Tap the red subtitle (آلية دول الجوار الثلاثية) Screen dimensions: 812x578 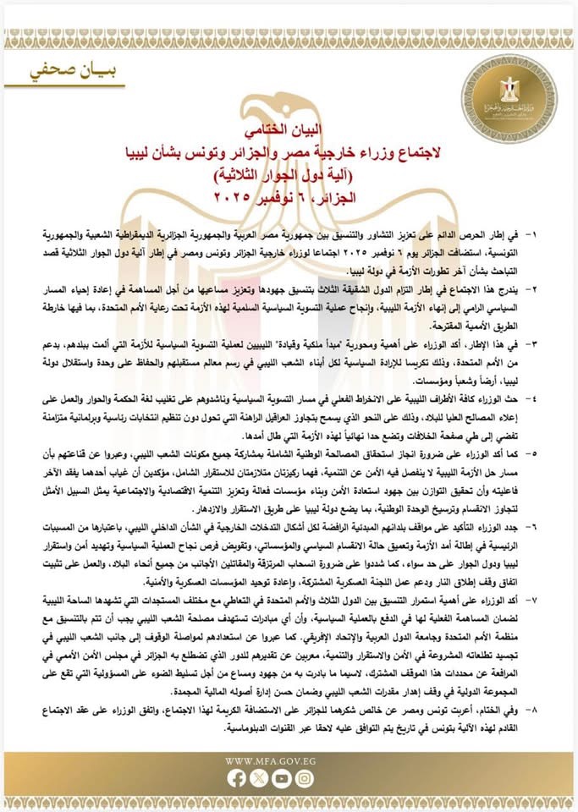(x=288, y=176)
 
